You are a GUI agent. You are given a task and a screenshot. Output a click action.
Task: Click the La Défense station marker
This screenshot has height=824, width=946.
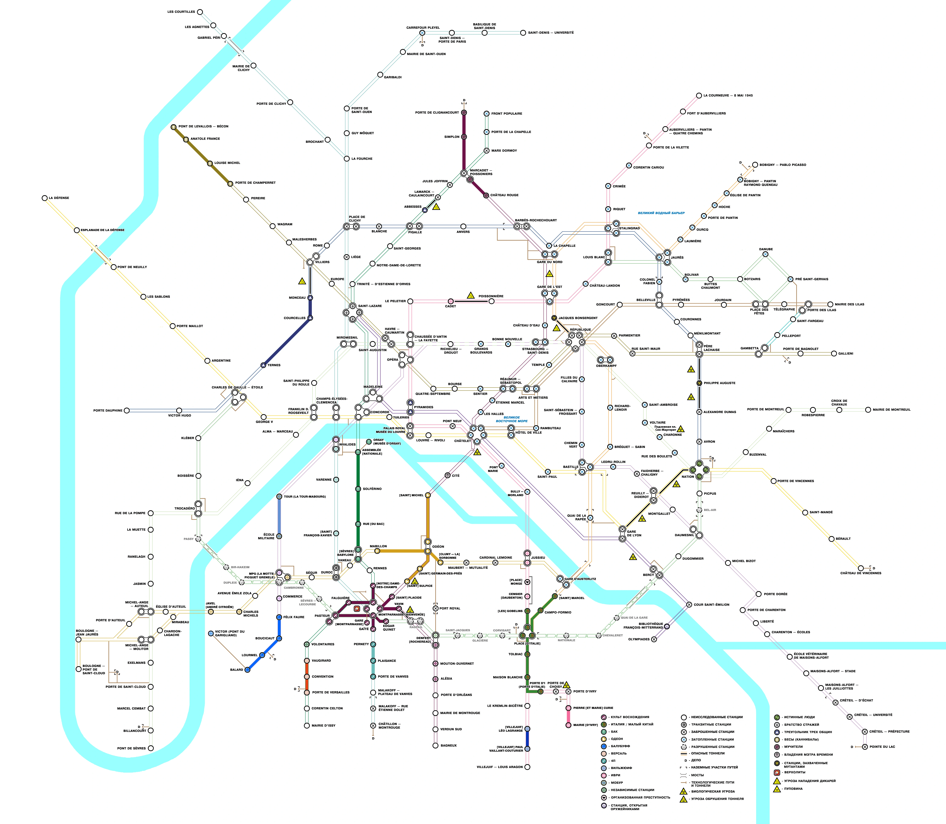tap(45, 198)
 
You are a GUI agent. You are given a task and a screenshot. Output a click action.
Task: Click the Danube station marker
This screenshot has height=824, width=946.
tap(766, 254)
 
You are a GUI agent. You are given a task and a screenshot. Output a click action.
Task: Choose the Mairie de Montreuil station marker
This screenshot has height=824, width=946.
tap(868, 410)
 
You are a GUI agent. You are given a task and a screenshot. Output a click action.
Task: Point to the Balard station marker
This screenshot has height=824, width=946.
tap(247, 669)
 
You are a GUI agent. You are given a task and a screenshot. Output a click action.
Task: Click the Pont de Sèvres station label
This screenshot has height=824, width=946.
tap(131, 748)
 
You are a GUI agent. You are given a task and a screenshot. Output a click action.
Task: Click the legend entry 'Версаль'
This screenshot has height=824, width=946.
tap(619, 753)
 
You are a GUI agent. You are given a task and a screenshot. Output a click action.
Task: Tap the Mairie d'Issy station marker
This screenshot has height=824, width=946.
tap(307, 726)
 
